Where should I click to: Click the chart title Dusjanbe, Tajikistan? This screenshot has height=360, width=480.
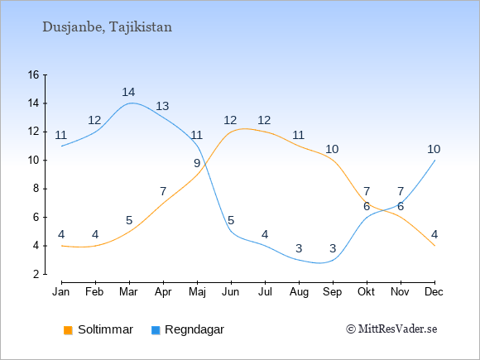point(107,27)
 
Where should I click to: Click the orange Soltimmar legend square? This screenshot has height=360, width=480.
point(68,330)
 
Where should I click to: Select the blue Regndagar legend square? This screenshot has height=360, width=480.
point(156,330)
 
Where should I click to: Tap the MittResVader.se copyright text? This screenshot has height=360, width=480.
point(391,329)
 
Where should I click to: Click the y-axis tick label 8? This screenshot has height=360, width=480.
point(36,189)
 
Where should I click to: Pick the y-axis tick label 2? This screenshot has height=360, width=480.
point(36,274)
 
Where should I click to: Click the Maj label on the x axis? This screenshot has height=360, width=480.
point(197,292)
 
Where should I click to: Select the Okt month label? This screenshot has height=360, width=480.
point(366,292)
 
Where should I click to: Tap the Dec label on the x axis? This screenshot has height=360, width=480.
point(434,292)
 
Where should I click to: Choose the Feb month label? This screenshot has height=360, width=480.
point(94,292)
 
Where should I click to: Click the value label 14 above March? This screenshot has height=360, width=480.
point(128,92)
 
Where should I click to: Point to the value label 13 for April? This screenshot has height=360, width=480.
point(162,106)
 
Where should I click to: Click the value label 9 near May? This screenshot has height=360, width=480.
point(197,164)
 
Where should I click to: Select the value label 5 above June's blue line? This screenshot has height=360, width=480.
point(231,220)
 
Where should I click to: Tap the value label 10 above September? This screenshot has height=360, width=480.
point(332,150)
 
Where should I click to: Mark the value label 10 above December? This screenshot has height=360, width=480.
point(434,150)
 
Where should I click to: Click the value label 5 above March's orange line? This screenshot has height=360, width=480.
point(129,220)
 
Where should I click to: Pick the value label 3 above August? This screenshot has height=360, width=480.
point(299,248)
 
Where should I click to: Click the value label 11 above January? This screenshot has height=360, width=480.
point(61,135)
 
